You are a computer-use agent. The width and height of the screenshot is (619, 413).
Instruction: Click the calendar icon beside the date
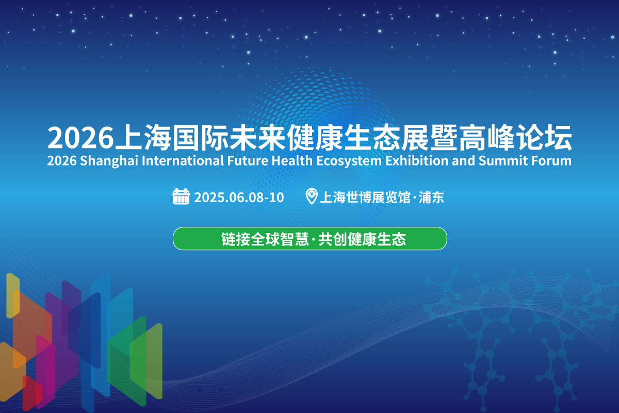tap(181, 196)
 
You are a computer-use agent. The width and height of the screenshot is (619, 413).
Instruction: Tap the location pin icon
tap(312, 196)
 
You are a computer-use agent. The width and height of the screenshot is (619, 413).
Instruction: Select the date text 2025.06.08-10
tap(239, 197)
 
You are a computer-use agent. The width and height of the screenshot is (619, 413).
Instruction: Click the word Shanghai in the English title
tap(109, 161)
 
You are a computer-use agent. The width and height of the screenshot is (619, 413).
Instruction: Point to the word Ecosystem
tap(349, 161)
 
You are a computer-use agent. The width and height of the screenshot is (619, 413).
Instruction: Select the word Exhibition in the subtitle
tap(417, 160)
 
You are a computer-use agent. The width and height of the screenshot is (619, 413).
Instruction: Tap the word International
tap(183, 160)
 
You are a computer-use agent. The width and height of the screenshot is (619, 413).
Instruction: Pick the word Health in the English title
tap(292, 160)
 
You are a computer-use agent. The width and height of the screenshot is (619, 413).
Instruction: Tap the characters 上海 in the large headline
tap(143, 138)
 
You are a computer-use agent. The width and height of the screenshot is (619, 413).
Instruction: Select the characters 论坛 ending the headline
tap(544, 138)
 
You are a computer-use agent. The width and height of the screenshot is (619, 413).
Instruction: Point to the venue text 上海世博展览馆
tap(365, 197)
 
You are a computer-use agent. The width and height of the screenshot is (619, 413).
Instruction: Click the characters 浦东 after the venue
tap(431, 197)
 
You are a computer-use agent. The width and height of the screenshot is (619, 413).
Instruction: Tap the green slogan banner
tap(310, 238)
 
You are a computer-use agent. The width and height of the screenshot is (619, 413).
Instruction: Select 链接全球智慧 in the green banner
tap(265, 239)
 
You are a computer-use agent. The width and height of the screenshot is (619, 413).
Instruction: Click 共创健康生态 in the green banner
tap(362, 239)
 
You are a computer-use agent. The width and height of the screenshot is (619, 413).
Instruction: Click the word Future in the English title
tap(248, 160)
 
